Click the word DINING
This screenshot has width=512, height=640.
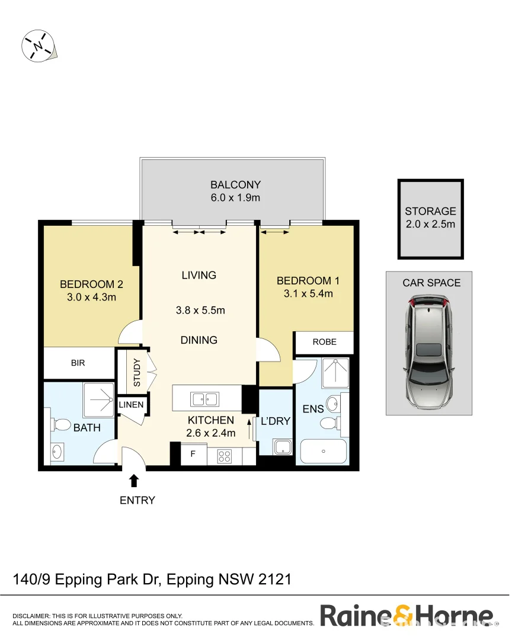199,340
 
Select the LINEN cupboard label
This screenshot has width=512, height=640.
131,405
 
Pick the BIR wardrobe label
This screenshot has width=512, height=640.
78,363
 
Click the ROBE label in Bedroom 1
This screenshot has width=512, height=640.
325,342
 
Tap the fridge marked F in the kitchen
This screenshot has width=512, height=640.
193,455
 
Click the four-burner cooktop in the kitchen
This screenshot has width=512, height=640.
225,456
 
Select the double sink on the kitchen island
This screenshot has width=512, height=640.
204,398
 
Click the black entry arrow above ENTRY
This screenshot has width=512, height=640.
135,480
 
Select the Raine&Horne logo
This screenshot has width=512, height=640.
407,616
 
